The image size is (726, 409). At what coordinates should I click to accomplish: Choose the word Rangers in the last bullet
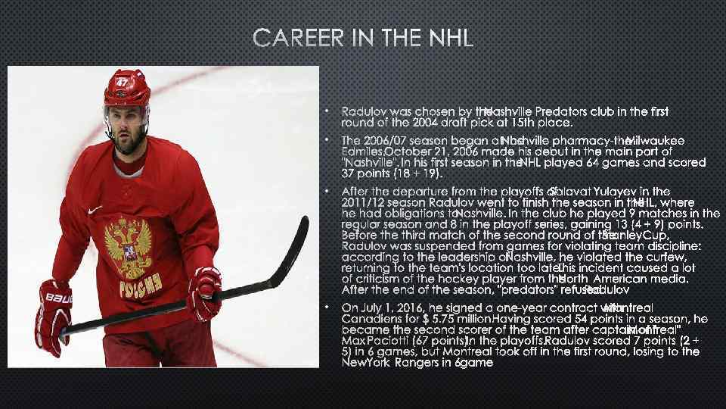423,363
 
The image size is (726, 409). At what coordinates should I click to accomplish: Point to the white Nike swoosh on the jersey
95,211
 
